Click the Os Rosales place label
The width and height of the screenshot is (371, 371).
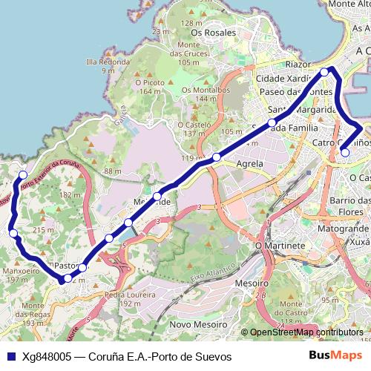213,33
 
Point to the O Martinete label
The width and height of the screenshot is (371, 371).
280,245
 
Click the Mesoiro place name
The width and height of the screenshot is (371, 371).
251,283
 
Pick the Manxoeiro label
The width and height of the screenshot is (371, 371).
21,272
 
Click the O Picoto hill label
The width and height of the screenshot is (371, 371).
150,82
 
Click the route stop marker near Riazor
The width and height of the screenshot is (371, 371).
324,72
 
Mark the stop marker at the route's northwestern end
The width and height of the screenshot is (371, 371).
22,176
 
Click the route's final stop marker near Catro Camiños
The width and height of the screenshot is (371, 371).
344,153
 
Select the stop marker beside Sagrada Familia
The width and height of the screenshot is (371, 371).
272,122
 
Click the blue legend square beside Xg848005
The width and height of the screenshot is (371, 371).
10,357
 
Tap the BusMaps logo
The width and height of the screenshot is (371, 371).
335,356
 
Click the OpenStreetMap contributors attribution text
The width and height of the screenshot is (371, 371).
306,332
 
